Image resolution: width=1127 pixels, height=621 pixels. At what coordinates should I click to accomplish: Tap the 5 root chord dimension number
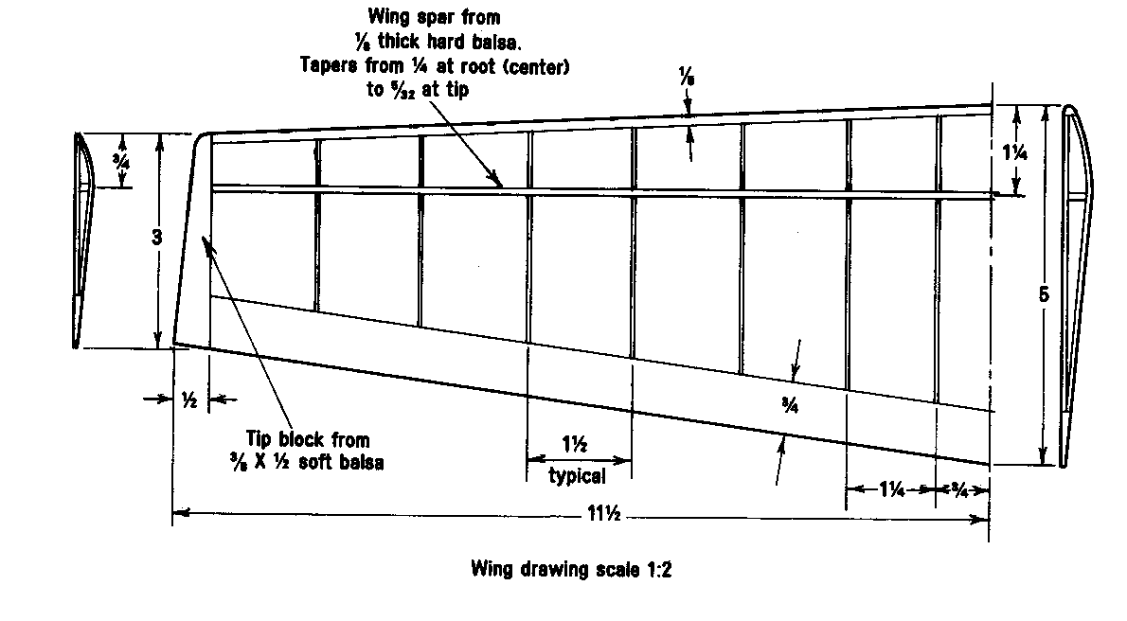tap(1043, 294)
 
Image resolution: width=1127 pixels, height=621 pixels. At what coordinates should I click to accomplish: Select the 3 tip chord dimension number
tap(157, 239)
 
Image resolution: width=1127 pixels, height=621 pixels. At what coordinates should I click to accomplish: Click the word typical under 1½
tap(578, 476)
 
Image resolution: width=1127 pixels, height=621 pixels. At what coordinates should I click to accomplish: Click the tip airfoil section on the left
tap(82, 241)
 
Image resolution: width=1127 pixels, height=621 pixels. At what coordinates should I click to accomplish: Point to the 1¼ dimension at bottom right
tap(889, 489)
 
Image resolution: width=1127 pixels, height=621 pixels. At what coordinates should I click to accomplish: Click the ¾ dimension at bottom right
tap(958, 489)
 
